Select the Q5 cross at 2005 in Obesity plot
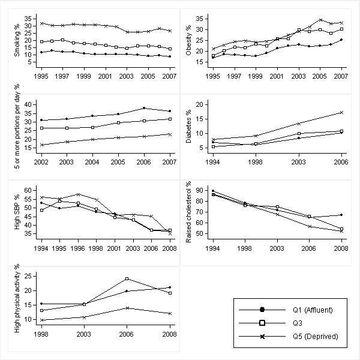(x=321, y=20)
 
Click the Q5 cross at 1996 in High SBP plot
(x=78, y=194)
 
